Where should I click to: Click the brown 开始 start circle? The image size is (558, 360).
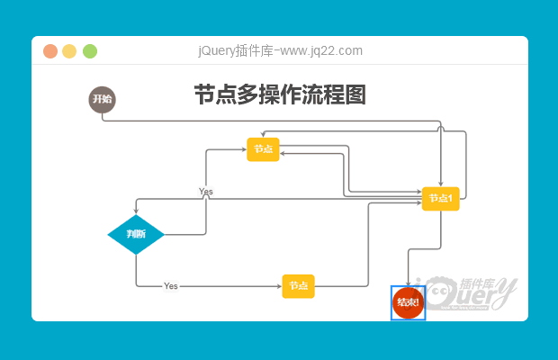(x=103, y=100)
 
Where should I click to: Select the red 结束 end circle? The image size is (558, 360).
(x=408, y=302)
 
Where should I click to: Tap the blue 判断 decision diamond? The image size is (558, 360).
(x=136, y=234)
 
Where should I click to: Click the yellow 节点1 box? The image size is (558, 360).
(x=441, y=198)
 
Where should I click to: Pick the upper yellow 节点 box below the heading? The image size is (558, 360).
(x=263, y=148)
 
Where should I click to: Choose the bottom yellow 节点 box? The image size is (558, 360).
(x=298, y=286)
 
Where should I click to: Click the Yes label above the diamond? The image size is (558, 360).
(x=206, y=192)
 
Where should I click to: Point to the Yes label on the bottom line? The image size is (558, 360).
(x=171, y=286)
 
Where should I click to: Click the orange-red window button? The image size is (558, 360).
(x=50, y=51)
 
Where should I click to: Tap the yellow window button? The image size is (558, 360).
(x=70, y=51)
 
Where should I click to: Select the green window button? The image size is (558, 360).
(x=90, y=51)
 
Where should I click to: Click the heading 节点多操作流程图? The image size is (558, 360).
(x=280, y=95)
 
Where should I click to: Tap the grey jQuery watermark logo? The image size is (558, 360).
(x=472, y=293)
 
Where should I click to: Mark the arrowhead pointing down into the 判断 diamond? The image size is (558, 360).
(x=136, y=211)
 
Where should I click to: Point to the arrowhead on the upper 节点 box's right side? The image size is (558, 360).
(x=283, y=154)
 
